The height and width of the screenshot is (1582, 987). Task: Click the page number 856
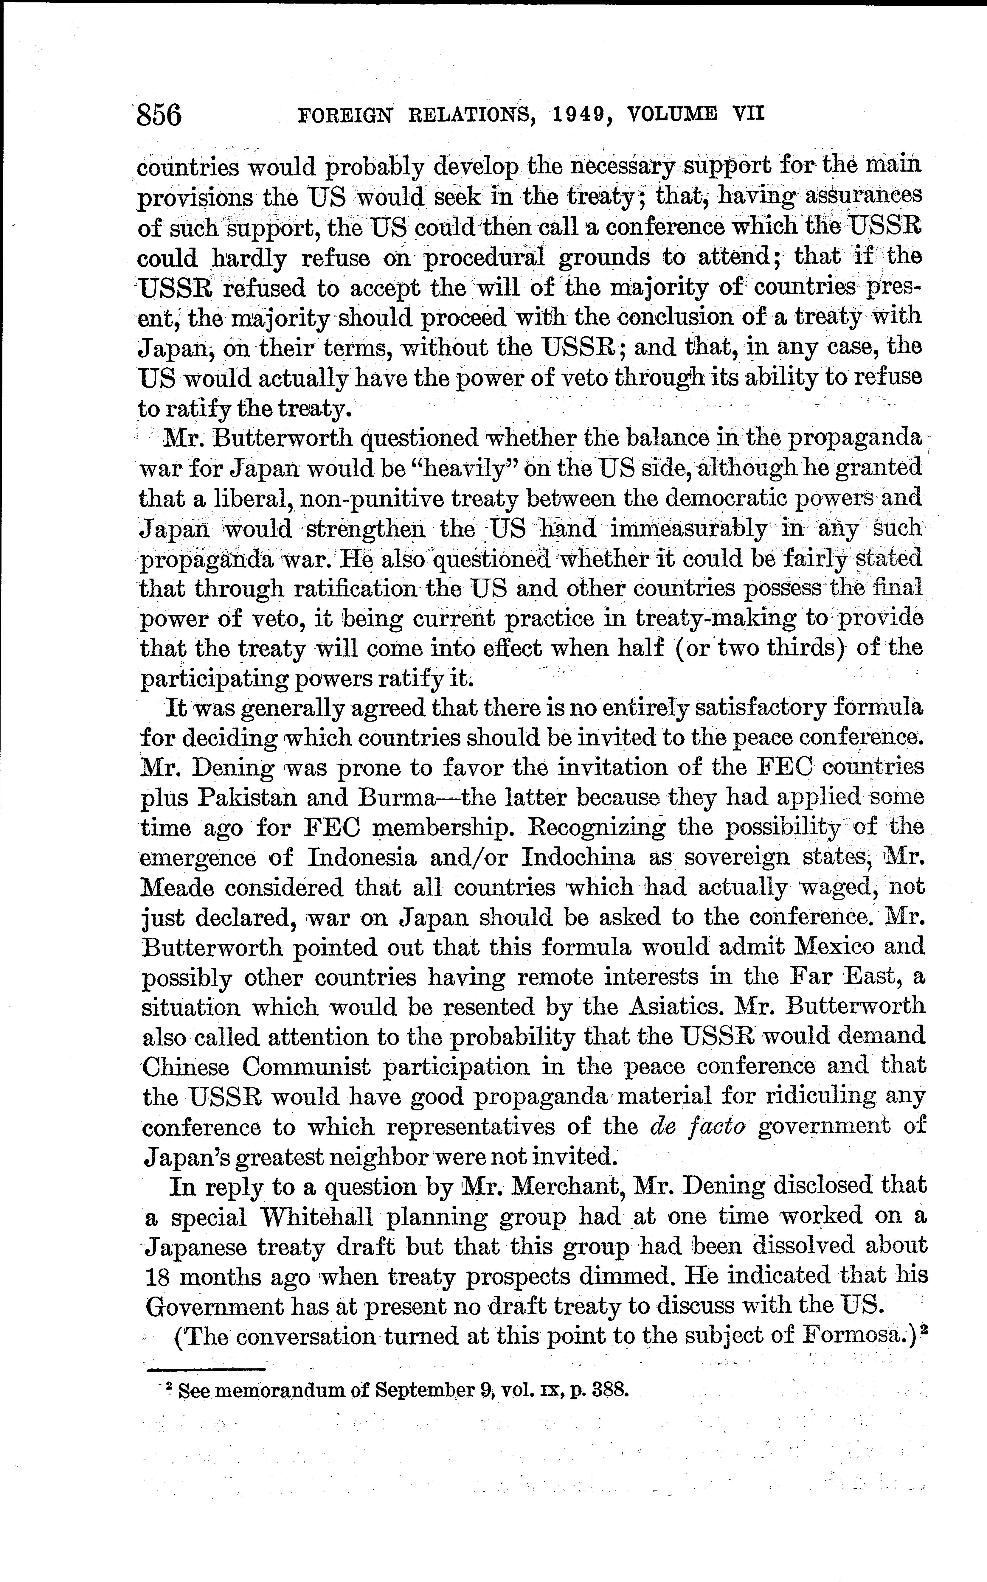(159, 116)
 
